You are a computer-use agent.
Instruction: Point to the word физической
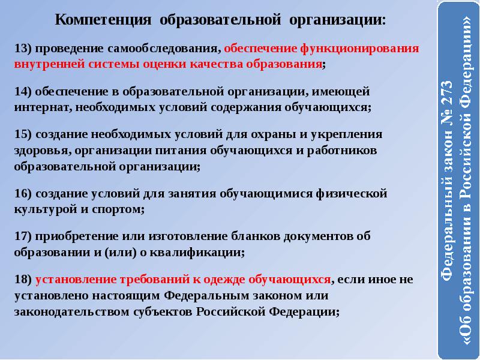pyautogui.click(x=352, y=194)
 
